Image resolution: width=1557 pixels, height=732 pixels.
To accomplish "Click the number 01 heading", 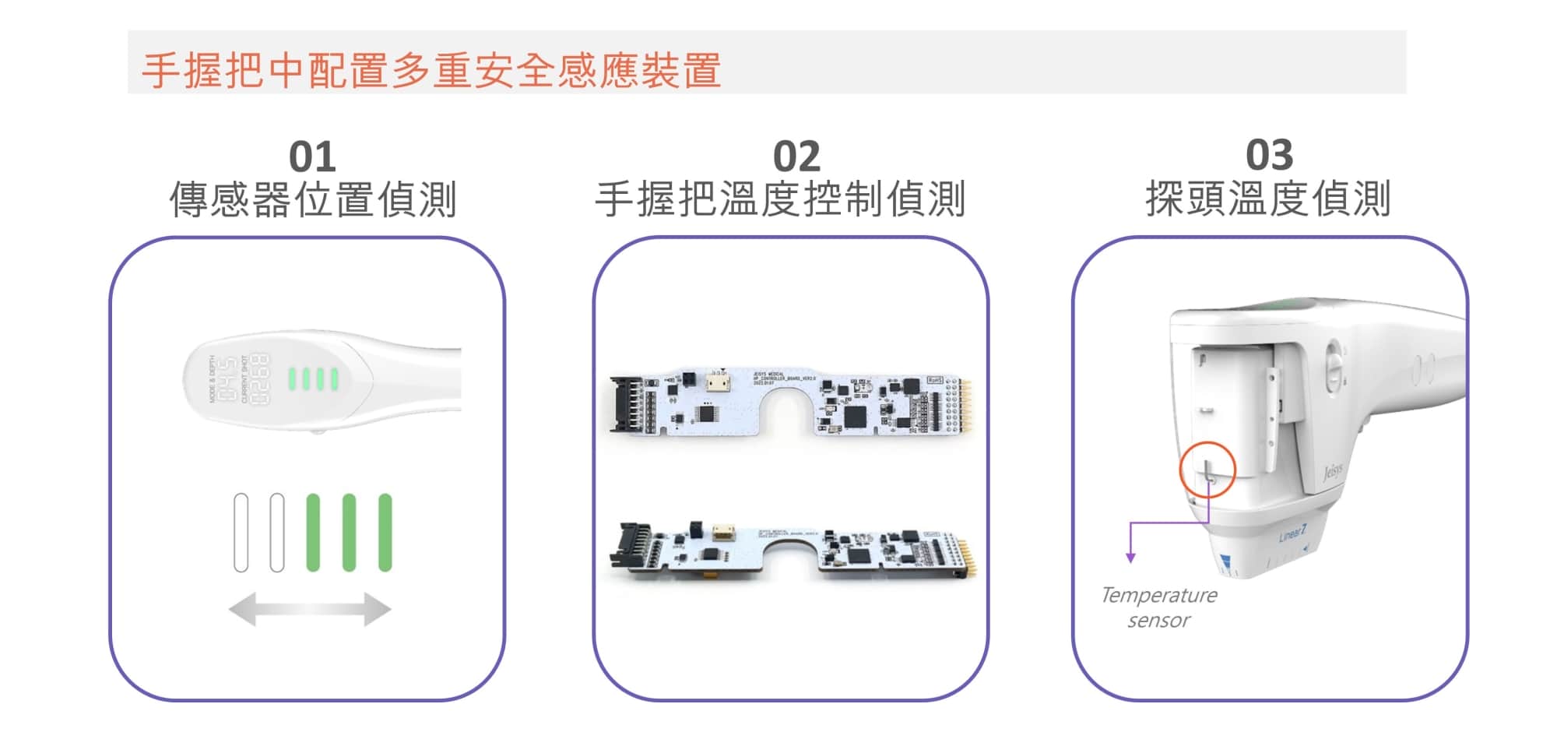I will (x=312, y=157).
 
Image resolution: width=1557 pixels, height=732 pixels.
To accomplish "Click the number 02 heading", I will (x=796, y=157).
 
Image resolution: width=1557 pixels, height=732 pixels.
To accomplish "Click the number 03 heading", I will (x=1269, y=155).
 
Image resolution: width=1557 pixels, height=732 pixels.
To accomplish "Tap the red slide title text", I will (x=431, y=70).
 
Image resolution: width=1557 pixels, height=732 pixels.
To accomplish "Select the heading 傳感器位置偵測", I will (x=312, y=199).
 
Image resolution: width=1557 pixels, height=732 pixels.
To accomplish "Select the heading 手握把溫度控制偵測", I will (x=780, y=199).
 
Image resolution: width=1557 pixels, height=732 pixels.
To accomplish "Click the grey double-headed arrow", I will (x=310, y=609).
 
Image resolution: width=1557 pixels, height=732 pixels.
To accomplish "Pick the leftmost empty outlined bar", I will (x=241, y=533).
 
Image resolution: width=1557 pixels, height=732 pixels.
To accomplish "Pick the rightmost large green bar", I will (x=385, y=533).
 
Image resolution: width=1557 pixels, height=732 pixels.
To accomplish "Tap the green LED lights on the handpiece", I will (x=313, y=379).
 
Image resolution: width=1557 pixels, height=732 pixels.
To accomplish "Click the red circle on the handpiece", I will (x=1207, y=470).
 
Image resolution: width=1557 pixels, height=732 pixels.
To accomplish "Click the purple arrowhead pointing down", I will (x=1130, y=557).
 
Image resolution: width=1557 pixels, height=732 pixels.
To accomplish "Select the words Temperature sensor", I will (x=1159, y=607).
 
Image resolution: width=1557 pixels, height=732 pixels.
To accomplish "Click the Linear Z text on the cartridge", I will (x=1292, y=534).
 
